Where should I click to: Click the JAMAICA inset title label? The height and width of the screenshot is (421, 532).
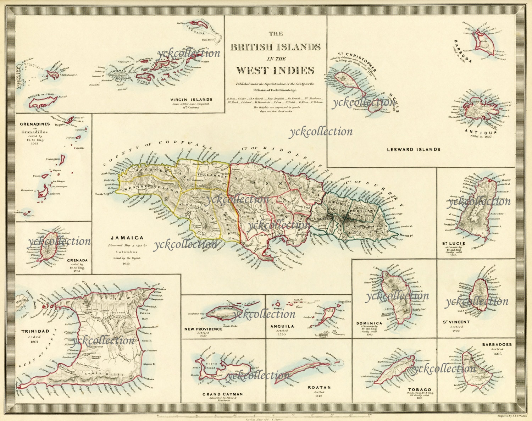(x=127, y=238)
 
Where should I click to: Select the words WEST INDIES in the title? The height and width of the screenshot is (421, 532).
(x=275, y=70)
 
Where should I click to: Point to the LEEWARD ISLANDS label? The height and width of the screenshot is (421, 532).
(x=413, y=149)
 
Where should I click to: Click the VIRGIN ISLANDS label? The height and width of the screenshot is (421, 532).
(x=191, y=100)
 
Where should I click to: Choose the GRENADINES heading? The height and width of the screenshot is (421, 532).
(x=34, y=124)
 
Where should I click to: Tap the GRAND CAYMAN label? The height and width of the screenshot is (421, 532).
(x=222, y=394)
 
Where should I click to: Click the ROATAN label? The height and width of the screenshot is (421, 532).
(x=319, y=388)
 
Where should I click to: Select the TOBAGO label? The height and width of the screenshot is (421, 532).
(x=420, y=389)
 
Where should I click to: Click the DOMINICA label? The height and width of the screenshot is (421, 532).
(x=369, y=323)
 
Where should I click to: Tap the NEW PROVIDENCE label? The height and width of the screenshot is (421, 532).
(x=203, y=329)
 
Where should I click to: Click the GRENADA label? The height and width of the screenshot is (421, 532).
(x=77, y=260)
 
